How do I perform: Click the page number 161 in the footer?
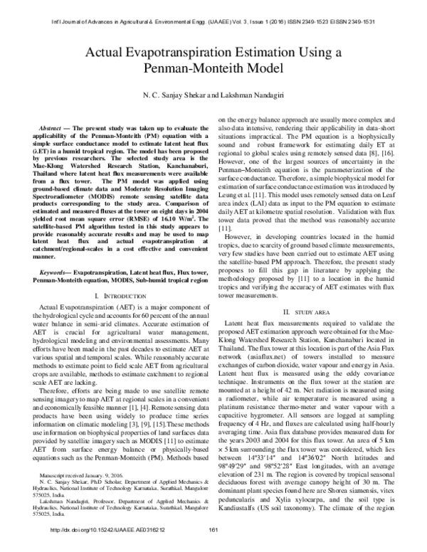[211, 546]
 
